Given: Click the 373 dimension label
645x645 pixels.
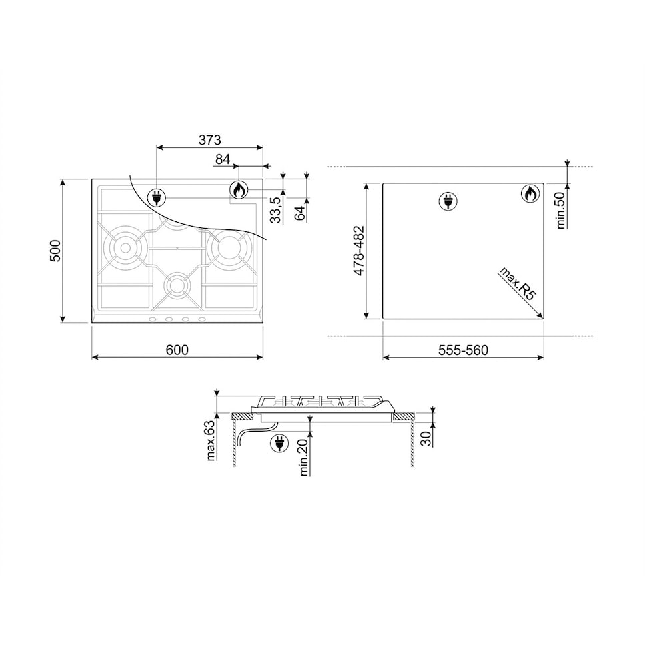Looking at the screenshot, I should [209, 140].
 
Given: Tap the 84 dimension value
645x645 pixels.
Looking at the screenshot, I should [223, 159].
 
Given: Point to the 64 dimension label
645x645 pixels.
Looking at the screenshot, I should [299, 213].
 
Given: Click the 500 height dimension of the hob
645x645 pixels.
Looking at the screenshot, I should [56, 251].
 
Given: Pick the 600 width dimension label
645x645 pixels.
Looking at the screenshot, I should [177, 350].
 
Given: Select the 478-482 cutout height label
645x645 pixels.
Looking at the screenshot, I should [358, 251].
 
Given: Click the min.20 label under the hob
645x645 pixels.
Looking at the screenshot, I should [304, 457].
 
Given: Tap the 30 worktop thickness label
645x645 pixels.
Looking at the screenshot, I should [426, 438].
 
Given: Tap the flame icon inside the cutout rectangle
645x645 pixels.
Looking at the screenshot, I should [530, 194].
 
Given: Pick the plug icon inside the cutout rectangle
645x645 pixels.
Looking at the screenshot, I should [447, 201].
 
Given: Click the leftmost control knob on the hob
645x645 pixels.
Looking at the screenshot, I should [153, 319].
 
